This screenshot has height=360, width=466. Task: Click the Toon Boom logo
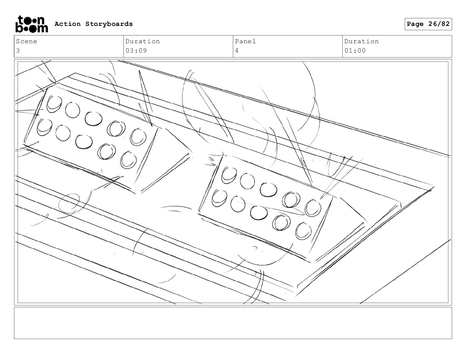(32, 24)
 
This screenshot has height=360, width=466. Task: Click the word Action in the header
(68, 24)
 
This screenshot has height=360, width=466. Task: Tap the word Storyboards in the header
(109, 24)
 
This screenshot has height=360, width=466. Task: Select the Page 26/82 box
(428, 24)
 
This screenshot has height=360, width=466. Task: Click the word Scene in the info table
(26, 41)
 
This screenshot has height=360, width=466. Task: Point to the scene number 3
(18, 51)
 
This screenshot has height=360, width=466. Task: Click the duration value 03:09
(136, 51)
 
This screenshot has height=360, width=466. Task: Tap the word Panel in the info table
(245, 41)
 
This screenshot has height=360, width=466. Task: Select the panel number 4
(237, 51)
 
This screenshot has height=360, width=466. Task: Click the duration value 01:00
(355, 51)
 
